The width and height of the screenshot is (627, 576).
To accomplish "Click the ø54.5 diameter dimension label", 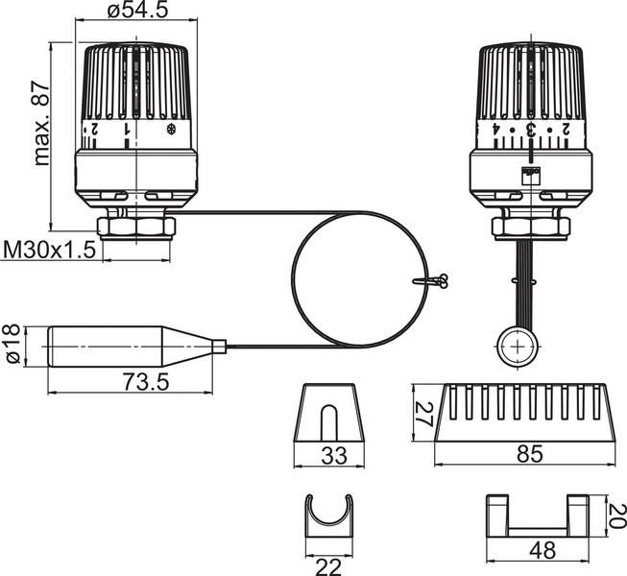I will point(138,12).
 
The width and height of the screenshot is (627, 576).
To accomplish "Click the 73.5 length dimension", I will point(146,382).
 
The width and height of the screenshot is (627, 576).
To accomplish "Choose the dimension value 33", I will point(332,457).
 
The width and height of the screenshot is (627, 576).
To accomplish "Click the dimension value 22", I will point(328,566).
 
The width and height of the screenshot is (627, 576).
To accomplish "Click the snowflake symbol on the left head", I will point(173,127).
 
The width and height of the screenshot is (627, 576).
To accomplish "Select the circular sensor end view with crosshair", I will point(518,346).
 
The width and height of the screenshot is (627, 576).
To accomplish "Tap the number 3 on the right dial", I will point(529,130).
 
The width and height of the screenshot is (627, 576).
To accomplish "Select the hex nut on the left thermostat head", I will point(138,227).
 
